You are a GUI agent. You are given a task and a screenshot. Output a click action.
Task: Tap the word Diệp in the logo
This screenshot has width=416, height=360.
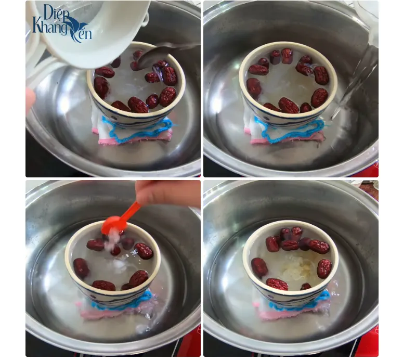[x=56, y=12]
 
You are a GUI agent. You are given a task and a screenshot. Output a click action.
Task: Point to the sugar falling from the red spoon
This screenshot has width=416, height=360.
[x=111, y=241]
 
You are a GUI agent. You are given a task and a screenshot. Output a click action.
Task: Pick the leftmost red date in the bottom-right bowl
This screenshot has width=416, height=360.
[x=259, y=267]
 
